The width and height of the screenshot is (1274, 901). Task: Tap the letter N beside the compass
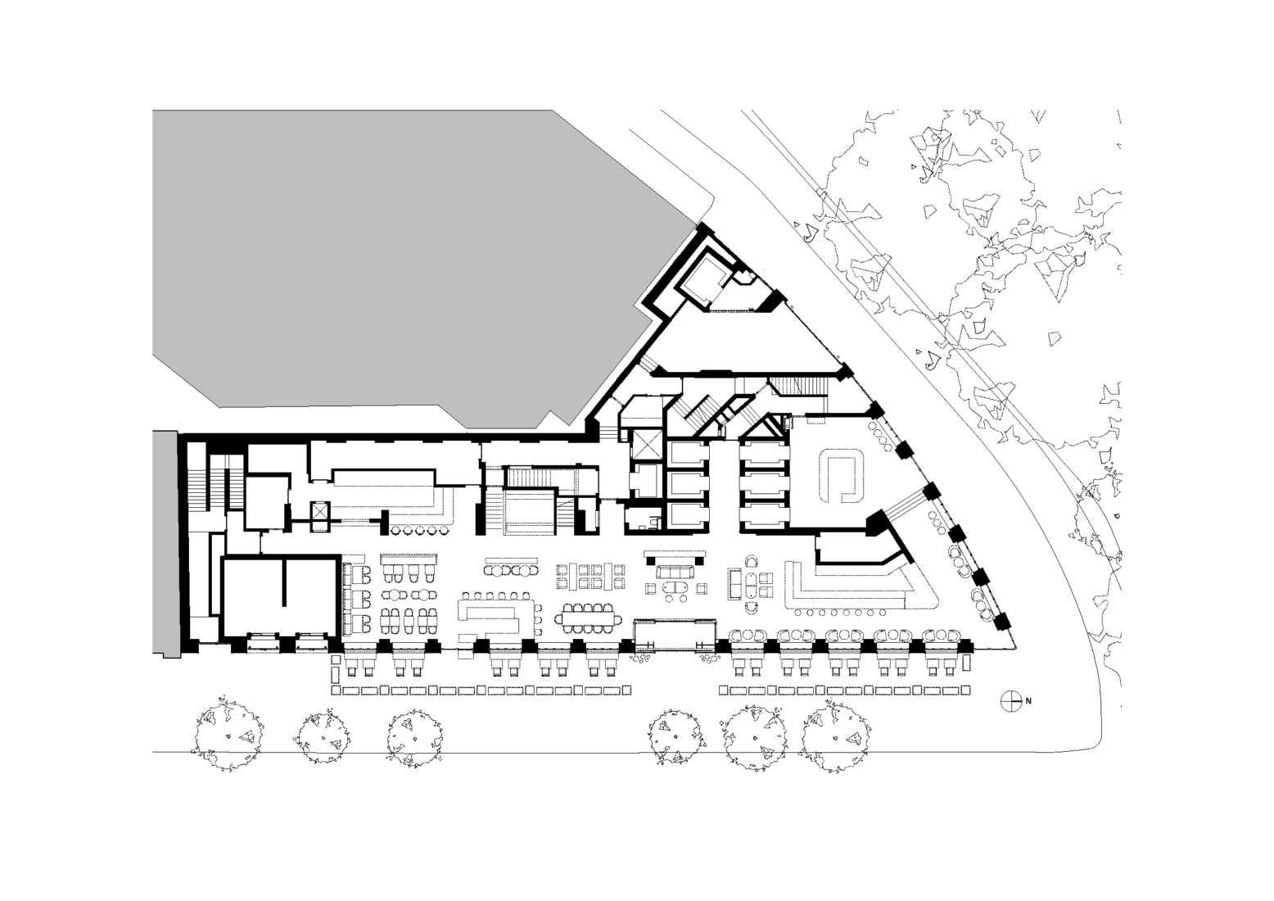click(x=1028, y=701)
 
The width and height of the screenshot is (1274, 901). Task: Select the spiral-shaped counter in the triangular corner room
click(x=842, y=478)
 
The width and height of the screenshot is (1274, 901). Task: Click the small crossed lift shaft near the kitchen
click(x=320, y=516)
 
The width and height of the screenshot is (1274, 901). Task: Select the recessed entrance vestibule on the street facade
click(x=675, y=636)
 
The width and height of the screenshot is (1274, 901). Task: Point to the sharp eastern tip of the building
click(x=1016, y=648)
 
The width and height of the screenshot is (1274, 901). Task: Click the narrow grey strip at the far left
click(x=165, y=543)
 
